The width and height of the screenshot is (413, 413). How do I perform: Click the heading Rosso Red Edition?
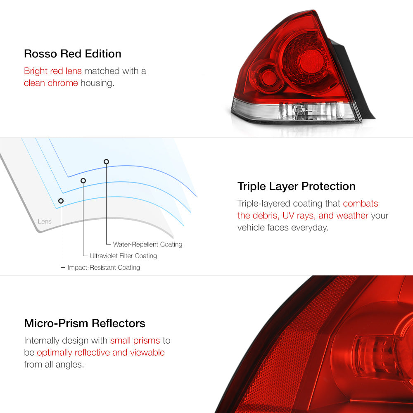click(72, 54)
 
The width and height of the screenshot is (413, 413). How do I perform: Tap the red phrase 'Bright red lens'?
click(53, 71)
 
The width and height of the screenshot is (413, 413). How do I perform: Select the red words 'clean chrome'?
click(51, 83)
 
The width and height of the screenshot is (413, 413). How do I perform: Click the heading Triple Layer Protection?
click(296, 186)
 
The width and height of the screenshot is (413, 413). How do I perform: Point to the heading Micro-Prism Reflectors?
click(85, 323)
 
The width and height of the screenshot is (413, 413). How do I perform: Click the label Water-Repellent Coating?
click(147, 244)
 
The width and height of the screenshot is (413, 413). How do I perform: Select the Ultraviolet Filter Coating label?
click(123, 256)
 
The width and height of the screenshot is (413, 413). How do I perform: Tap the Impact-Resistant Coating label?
click(104, 267)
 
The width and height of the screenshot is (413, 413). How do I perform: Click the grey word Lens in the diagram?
click(45, 221)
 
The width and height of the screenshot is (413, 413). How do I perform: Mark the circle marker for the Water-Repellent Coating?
click(106, 162)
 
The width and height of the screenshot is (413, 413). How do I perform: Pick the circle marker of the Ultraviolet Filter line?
click(83, 181)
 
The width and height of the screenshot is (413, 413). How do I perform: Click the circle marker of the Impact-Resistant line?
click(61, 201)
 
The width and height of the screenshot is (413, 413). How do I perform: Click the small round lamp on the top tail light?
click(269, 77)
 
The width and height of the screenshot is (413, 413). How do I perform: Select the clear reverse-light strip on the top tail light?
click(295, 110)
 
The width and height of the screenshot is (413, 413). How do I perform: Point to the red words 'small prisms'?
click(135, 341)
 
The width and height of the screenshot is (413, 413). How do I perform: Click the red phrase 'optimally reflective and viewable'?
click(101, 352)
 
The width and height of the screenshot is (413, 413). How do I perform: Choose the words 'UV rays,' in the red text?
click(299, 216)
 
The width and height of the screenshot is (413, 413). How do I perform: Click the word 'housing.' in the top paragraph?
click(97, 83)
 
